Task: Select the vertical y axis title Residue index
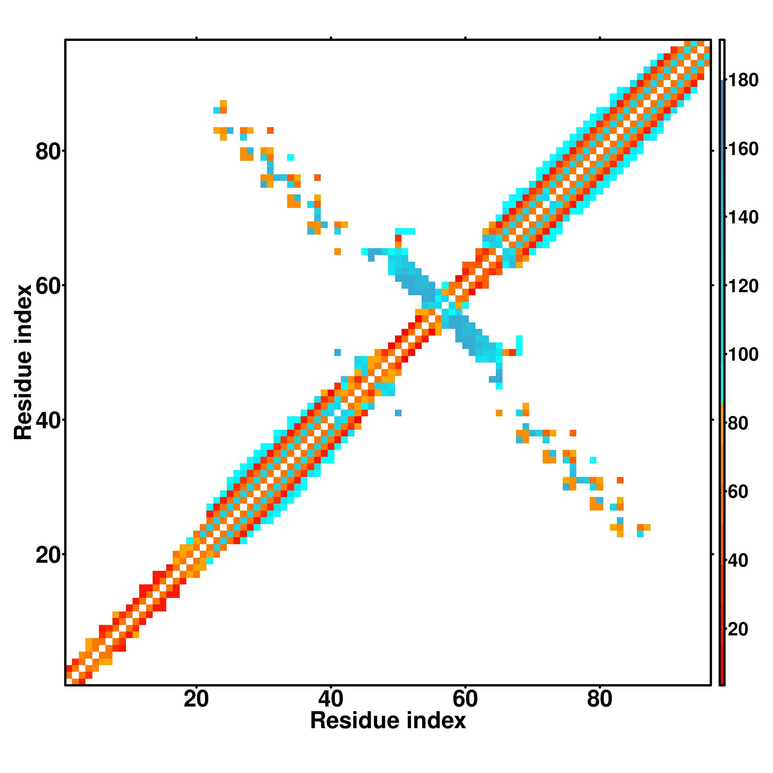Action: [23, 363]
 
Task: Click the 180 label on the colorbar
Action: [743, 80]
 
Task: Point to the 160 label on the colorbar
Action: [743, 149]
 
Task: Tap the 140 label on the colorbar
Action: [743, 218]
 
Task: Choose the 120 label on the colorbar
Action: [743, 286]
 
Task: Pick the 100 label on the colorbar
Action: [743, 355]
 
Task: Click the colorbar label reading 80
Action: [738, 424]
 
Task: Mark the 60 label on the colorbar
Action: [738, 492]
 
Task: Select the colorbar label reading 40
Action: [738, 561]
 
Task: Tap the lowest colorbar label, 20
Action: [738, 629]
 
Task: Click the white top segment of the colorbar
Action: [722, 60]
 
